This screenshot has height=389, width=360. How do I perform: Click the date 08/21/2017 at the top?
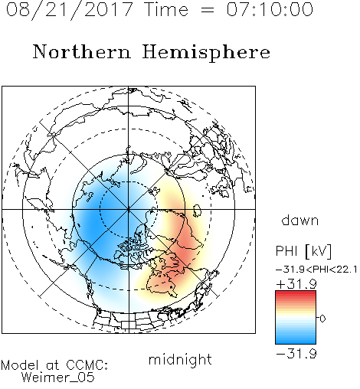pyautogui.click(x=70, y=10)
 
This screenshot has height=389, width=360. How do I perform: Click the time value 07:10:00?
pyautogui.click(x=270, y=9)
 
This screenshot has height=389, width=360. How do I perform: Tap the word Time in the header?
pyautogui.click(x=166, y=9)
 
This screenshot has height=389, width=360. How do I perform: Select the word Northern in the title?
pyautogui.click(x=82, y=51)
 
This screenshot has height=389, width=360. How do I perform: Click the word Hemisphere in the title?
pyautogui.click(x=206, y=53)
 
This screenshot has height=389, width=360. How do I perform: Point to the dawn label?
pyautogui.click(x=300, y=220)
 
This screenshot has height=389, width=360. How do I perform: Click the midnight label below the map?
pyautogui.click(x=180, y=359)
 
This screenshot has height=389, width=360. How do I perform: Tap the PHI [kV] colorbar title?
pyautogui.click(x=303, y=251)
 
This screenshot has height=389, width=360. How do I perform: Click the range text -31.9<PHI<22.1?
pyautogui.click(x=316, y=270)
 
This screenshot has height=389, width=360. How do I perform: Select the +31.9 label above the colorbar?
pyautogui.click(x=296, y=284)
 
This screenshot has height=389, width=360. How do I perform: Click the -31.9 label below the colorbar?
pyautogui.click(x=296, y=354)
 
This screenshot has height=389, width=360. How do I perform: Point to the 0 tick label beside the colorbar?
pyautogui.click(x=322, y=319)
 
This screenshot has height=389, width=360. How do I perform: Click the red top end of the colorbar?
pyautogui.click(x=296, y=293)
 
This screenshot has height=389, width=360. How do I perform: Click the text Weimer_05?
pyautogui.click(x=58, y=378)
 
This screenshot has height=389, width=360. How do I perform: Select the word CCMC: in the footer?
pyautogui.click(x=87, y=365)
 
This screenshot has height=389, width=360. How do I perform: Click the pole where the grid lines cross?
pyautogui.click(x=129, y=209)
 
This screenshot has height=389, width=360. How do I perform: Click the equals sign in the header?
pyautogui.click(x=207, y=10)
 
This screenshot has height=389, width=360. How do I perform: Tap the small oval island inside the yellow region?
pyautogui.click(x=197, y=211)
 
